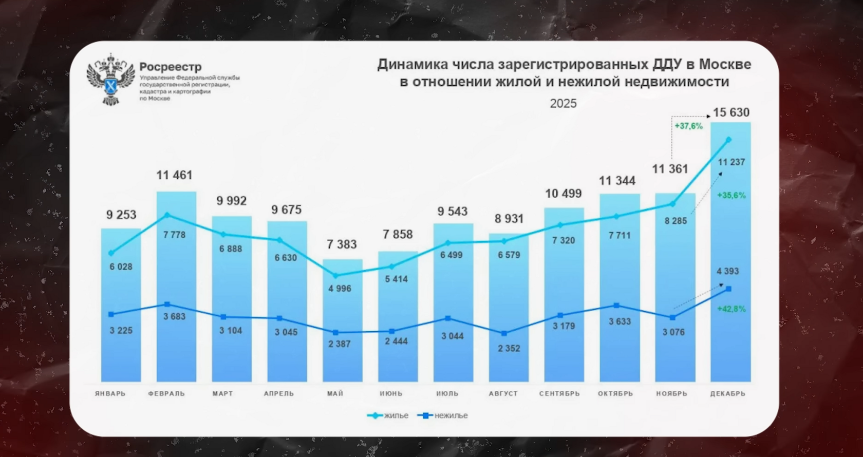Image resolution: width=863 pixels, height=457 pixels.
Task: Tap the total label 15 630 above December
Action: point(730,112)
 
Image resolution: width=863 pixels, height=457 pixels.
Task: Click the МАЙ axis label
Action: point(335,394)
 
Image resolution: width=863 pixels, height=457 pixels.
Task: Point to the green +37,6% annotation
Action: point(688,126)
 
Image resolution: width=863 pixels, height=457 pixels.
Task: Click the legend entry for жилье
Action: point(388,415)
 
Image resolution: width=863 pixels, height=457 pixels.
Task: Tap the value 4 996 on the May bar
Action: point(340,289)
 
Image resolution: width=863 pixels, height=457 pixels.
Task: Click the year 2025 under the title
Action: point(563,103)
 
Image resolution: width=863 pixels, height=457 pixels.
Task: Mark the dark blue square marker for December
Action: point(728,289)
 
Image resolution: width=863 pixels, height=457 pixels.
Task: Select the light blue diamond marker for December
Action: point(728,140)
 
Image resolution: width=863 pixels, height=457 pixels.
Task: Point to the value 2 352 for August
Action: point(509,348)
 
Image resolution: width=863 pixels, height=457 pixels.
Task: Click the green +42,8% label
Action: point(731,309)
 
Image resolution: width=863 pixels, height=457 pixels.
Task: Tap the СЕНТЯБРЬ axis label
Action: point(559,394)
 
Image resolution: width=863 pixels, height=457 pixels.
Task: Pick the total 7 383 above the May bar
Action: point(342,244)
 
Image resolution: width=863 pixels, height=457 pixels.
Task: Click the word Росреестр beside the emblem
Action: point(171,67)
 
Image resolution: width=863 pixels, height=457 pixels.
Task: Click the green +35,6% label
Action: point(731,196)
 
